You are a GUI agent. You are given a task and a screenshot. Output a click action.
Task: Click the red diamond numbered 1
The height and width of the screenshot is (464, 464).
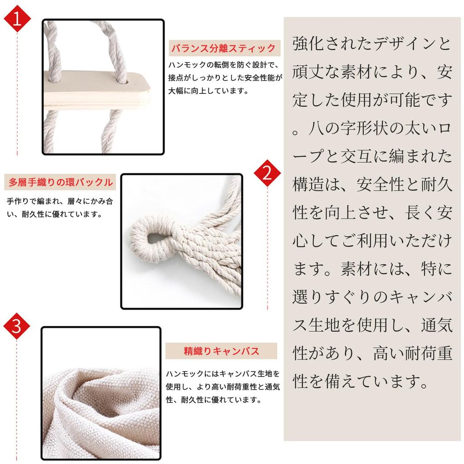(17, 18)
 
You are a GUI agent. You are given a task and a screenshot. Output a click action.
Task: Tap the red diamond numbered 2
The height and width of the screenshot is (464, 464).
(267, 173)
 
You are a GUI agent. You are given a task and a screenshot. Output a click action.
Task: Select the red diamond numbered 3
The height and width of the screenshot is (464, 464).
(17, 326)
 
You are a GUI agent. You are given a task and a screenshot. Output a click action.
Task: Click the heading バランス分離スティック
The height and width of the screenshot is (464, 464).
(224, 48)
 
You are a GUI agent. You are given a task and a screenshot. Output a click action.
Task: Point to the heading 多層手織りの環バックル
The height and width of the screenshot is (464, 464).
(61, 182)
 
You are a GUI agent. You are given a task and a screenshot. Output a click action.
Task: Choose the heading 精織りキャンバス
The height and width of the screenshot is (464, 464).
(221, 351)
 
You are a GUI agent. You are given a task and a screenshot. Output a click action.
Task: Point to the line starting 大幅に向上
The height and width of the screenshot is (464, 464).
(208, 91)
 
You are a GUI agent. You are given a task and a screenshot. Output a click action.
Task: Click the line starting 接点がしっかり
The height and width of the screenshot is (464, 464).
(225, 78)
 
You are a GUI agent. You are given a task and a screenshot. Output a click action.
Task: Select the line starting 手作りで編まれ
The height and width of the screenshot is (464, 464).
(60, 201)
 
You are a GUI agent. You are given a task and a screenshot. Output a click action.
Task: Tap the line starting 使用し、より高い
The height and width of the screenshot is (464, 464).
(222, 387)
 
